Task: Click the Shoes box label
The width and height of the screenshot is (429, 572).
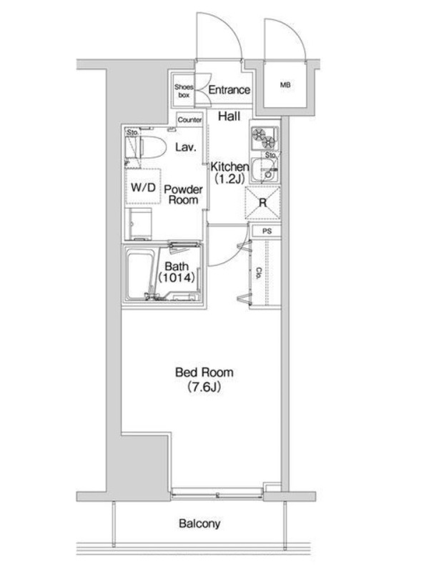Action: (184, 91)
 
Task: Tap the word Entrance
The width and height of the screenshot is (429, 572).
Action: (229, 90)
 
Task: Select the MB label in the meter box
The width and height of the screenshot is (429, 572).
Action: (285, 85)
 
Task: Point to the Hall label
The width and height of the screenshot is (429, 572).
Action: (229, 117)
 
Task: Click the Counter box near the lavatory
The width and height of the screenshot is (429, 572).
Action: (189, 119)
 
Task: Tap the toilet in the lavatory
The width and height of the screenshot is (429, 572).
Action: (145, 148)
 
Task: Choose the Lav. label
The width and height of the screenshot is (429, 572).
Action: (186, 147)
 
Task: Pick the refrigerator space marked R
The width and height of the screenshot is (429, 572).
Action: (262, 203)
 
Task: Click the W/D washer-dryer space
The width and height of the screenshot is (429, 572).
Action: (143, 187)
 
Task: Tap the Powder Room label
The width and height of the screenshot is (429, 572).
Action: (183, 194)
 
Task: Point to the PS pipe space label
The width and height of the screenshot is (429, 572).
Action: (267, 231)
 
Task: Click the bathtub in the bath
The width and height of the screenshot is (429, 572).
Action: (139, 272)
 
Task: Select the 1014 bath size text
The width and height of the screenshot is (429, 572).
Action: (177, 278)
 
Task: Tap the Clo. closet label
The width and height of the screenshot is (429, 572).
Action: (258, 273)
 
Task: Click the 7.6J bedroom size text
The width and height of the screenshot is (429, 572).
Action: (204, 387)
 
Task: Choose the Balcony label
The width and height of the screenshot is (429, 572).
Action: (199, 524)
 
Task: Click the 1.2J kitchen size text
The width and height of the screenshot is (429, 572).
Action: (230, 179)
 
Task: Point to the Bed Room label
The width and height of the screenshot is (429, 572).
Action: (204, 373)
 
